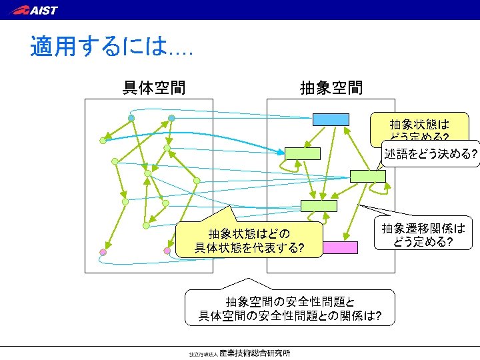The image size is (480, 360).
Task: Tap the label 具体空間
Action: pyautogui.click(x=154, y=87)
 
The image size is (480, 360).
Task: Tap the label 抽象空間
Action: pyautogui.click(x=331, y=87)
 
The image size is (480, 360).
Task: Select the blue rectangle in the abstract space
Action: pyautogui.click(x=331, y=119)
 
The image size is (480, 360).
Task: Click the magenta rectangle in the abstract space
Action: pyautogui.click(x=340, y=247)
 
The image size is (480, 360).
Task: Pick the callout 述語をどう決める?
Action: pyautogui.click(x=431, y=155)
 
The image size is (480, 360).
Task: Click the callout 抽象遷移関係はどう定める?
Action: pyautogui.click(x=423, y=235)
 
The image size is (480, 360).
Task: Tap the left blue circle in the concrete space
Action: pyautogui.click(x=131, y=118)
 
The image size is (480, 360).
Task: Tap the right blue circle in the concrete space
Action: pyautogui.click(x=171, y=118)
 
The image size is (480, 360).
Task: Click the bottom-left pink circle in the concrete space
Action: pyautogui.click(x=103, y=252)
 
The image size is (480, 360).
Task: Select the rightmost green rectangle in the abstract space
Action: pyautogui.click(x=367, y=176)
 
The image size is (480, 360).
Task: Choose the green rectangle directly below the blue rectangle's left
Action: pyautogui.click(x=303, y=153)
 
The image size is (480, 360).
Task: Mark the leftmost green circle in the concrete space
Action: pyautogui.click(x=103, y=140)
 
